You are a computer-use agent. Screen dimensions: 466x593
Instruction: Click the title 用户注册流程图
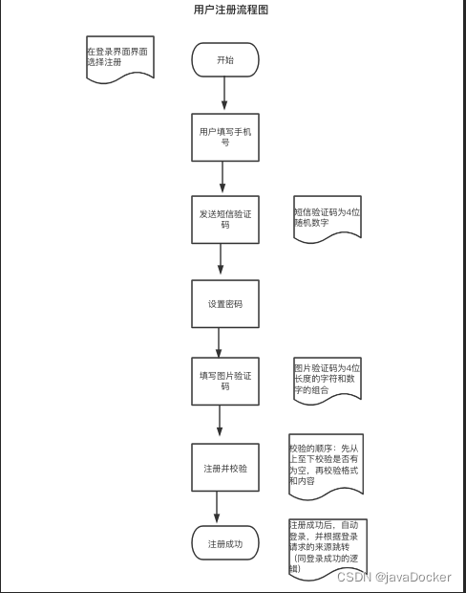coord(231,10)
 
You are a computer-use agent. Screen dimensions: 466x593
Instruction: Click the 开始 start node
coord(225,59)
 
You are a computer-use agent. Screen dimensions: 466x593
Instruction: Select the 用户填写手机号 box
coord(225,138)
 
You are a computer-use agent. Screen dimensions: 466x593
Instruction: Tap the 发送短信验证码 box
coord(225,219)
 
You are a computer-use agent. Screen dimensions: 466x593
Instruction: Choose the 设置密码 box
coord(225,304)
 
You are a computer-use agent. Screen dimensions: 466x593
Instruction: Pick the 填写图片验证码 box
coord(225,382)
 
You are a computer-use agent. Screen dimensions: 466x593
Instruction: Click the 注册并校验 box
coord(225,468)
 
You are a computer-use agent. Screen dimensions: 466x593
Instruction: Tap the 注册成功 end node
coord(225,543)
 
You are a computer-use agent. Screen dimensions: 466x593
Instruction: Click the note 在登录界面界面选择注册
coord(120,58)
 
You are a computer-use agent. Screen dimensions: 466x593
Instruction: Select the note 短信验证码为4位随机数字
coord(328,219)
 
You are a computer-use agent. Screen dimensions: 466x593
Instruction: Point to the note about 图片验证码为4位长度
coord(328,380)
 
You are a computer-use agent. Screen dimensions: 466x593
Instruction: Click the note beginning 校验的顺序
coord(326,466)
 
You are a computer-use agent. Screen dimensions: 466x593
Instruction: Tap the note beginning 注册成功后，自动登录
coord(328,548)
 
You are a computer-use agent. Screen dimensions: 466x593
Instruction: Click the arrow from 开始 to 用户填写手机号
coord(224,93)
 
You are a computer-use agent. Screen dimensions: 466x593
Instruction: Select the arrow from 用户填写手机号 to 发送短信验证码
coord(222,177)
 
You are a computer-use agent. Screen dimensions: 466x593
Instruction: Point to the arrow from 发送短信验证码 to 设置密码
coord(221,258)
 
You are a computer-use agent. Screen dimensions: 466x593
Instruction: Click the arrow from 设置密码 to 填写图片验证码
coord(219,342)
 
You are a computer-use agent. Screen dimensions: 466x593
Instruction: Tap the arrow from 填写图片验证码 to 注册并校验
coord(220,421)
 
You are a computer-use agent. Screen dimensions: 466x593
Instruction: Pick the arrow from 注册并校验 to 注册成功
coord(217,507)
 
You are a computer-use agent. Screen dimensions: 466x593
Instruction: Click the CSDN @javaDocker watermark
coord(393,577)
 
